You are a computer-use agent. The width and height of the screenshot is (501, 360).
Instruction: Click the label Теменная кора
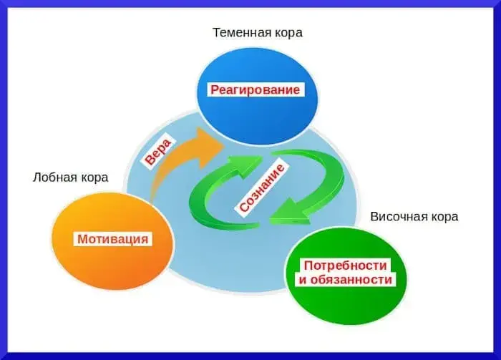[258, 32]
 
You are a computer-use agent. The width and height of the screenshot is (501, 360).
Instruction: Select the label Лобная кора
[70, 177]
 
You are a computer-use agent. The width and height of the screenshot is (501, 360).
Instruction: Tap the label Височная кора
[414, 216]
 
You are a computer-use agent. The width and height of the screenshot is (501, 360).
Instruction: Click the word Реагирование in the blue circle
[255, 90]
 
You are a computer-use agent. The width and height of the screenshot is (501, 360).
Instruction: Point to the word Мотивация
[113, 238]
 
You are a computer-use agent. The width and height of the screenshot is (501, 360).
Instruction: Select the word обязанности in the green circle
[351, 279]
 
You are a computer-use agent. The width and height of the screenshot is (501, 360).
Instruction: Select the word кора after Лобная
[93, 177]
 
